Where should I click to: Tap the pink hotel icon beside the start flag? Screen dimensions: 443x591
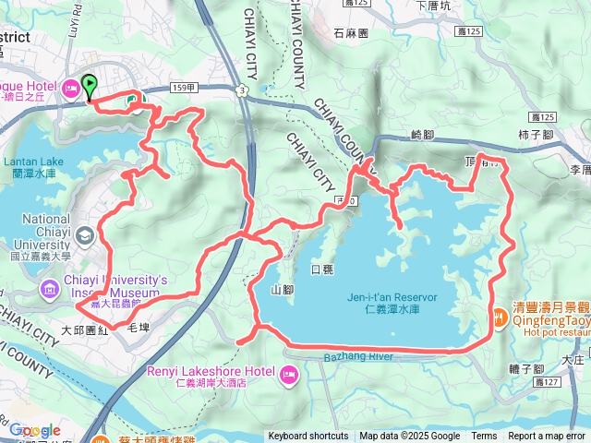coord(71,89)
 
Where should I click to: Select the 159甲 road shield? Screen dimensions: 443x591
coord(184,88)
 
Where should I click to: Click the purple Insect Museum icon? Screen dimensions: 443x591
coord(47,293)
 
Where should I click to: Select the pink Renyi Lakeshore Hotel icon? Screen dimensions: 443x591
coord(289,374)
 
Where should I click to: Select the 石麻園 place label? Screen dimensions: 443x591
coord(351,32)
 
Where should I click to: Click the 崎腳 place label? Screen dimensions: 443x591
coord(422,135)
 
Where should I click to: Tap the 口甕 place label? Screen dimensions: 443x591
coord(322,269)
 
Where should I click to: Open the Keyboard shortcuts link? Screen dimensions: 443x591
coord(308,437)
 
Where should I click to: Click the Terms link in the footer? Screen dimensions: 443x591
coord(484,437)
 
